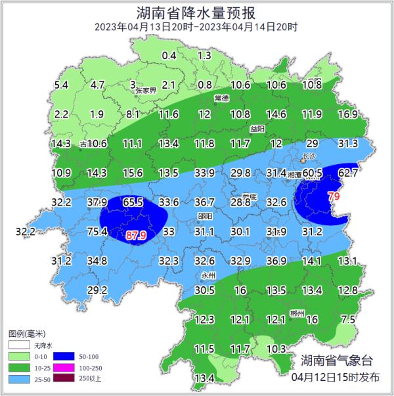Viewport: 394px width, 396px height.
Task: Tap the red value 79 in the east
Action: [334, 196]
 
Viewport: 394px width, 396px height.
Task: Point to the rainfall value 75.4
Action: [97, 231]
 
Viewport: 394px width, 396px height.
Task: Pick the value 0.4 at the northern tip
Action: [169, 56]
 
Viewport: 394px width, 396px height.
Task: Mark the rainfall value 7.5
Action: [348, 319]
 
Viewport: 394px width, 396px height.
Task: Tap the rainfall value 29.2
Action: [97, 290]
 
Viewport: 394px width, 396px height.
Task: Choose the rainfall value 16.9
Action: [347, 114]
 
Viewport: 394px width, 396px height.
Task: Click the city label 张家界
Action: [147, 91]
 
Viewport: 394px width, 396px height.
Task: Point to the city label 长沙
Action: [309, 157]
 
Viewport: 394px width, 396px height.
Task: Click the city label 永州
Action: [208, 276]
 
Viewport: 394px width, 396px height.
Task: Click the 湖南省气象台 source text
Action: [336, 361]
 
